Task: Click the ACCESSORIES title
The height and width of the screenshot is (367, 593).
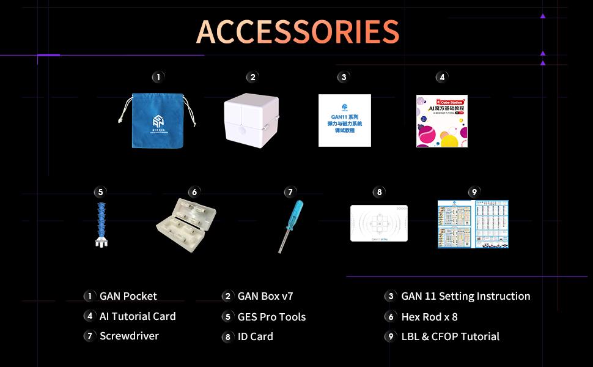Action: click(x=298, y=31)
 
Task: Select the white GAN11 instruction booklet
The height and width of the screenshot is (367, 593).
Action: click(x=344, y=120)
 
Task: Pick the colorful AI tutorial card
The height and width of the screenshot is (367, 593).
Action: click(x=441, y=121)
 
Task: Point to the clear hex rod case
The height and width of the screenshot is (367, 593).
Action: click(x=186, y=224)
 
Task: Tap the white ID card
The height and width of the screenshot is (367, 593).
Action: click(x=378, y=223)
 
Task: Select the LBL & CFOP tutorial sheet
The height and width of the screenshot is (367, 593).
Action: click(x=473, y=224)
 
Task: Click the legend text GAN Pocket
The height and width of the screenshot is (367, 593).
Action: click(x=128, y=296)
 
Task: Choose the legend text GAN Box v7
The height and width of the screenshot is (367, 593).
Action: click(x=265, y=296)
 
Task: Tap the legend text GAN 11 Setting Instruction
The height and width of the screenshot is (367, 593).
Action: click(x=465, y=296)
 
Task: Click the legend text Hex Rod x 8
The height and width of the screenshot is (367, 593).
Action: click(x=429, y=317)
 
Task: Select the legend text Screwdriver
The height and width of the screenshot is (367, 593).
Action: click(x=129, y=336)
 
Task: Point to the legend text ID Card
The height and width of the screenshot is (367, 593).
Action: click(x=255, y=336)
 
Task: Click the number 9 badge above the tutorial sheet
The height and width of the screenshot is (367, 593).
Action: click(x=474, y=192)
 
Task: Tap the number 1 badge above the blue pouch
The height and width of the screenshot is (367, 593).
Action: click(x=158, y=77)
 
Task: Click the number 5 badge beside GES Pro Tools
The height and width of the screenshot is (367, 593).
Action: click(x=227, y=317)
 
